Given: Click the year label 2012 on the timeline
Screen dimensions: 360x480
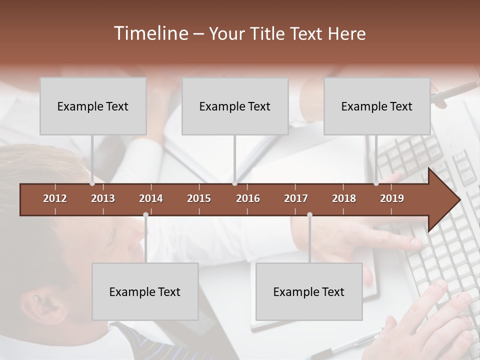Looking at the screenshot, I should tap(55, 198).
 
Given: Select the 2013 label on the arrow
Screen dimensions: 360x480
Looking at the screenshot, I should tap(103, 198).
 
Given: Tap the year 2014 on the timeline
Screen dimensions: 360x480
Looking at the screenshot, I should tap(151, 198).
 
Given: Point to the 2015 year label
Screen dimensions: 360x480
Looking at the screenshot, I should tap(199, 198).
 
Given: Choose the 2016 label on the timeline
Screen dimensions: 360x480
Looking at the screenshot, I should tap(248, 198).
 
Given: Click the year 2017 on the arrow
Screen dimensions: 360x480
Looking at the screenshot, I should tap(296, 198).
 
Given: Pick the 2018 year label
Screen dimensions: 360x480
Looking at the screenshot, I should tap(344, 198).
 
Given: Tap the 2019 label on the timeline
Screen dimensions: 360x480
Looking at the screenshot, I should tap(392, 198).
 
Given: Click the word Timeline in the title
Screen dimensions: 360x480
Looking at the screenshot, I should tap(150, 33).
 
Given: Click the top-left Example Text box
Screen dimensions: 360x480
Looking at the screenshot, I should tap(93, 106).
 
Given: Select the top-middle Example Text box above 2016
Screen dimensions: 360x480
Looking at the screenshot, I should tap(235, 106).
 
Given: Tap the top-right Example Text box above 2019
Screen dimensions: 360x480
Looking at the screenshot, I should tap(377, 106).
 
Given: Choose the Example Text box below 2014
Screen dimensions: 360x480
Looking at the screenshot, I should tap(145, 291).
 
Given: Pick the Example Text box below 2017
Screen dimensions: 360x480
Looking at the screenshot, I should tap(309, 291).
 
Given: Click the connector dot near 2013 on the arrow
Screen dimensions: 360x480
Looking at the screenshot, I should tap(92, 183).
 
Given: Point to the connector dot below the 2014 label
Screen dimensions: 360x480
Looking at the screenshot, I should tap(145, 215).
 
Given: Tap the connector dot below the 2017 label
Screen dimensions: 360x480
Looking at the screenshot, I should tap(309, 215).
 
